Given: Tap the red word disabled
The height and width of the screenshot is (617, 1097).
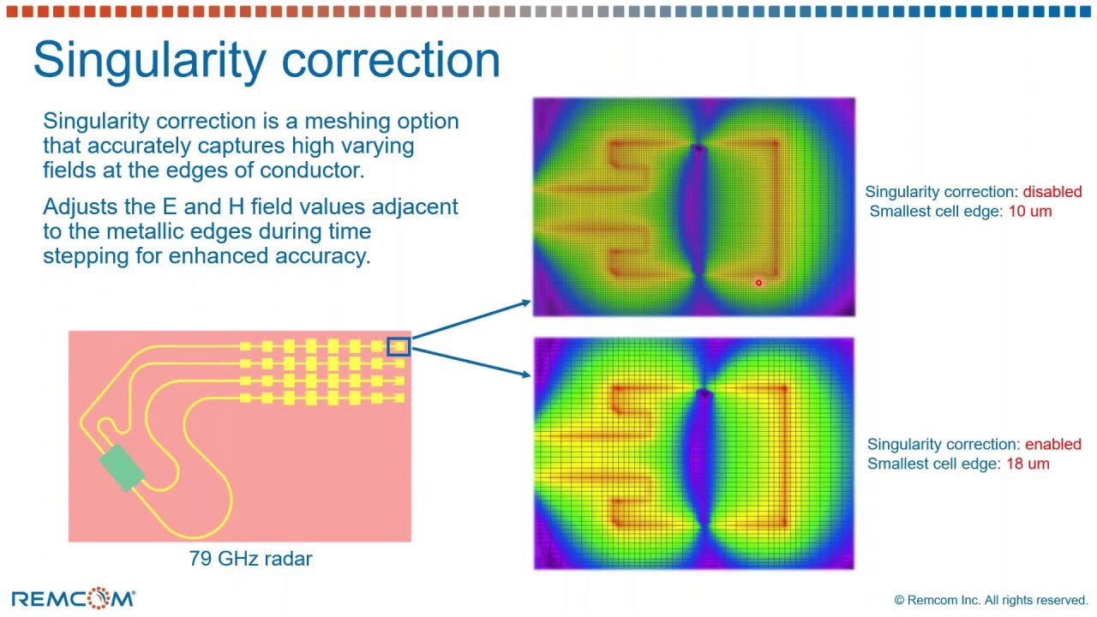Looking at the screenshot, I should click(1052, 192).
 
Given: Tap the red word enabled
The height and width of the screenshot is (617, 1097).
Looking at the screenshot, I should click(1052, 444).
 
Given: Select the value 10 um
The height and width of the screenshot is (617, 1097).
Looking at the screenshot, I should click(1029, 211).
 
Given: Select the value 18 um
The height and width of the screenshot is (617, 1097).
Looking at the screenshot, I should click(1027, 464).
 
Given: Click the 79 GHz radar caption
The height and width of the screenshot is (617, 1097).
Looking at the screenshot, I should click(250, 559).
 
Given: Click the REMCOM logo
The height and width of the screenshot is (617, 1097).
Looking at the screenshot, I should click(73, 598).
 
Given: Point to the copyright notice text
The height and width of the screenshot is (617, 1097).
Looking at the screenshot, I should click(991, 601).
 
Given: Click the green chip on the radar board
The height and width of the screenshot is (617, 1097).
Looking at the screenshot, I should click(122, 468).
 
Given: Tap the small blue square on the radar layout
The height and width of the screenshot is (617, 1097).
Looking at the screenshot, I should click(399, 346).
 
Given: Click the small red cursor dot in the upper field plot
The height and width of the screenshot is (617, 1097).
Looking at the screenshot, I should click(758, 283).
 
